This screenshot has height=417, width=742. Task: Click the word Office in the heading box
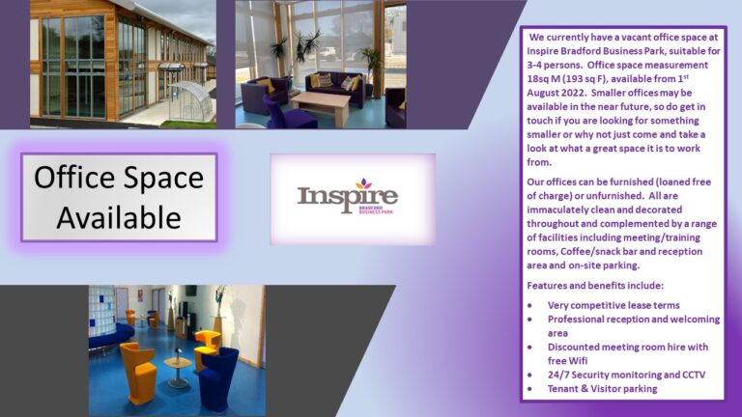(74, 178)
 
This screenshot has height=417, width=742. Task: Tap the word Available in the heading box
(119, 217)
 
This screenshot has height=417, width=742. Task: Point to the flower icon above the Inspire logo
(363, 183)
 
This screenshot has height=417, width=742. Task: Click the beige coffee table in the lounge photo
(321, 105)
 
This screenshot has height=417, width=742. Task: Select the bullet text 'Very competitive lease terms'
(614, 305)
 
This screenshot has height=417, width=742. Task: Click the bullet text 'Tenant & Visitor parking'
(603, 389)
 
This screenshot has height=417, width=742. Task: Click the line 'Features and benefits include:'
(595, 286)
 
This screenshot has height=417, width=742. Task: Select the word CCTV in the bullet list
(694, 375)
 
